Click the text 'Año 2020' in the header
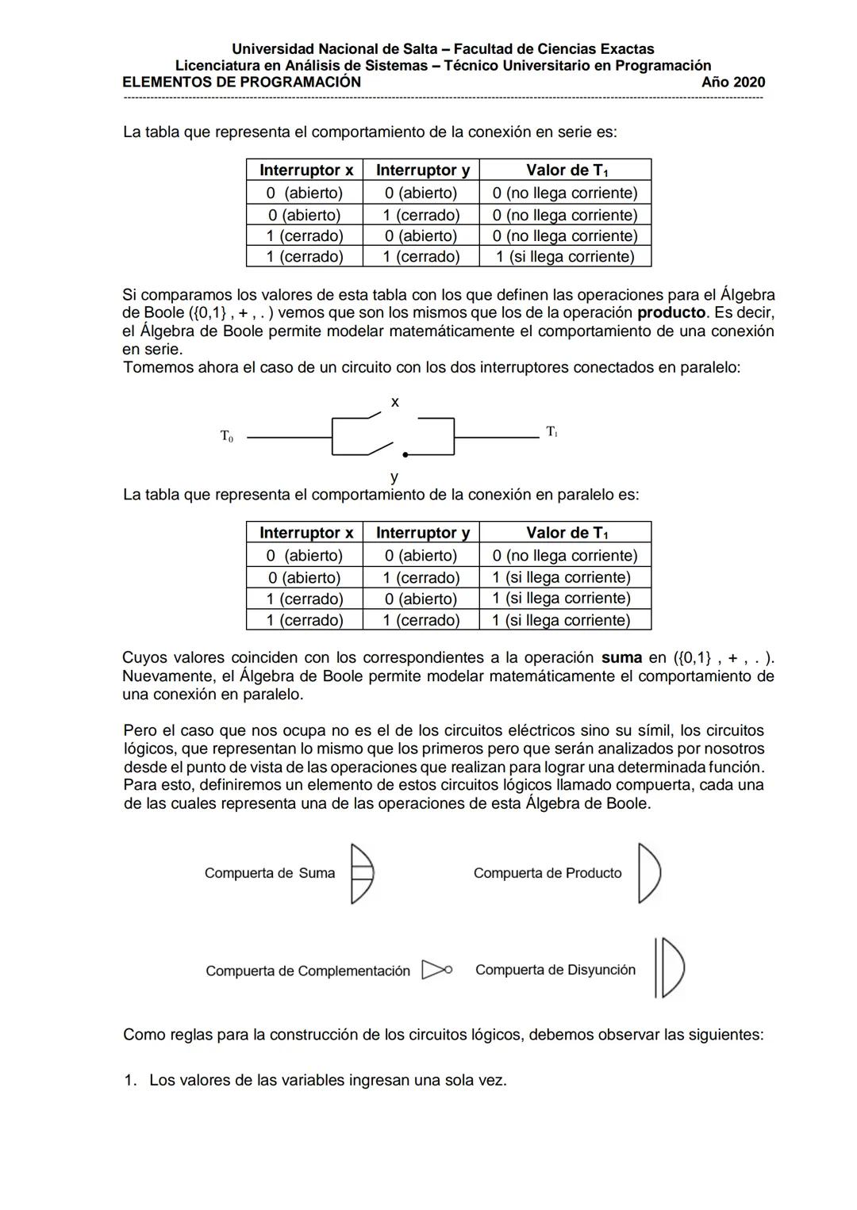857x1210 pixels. (733, 82)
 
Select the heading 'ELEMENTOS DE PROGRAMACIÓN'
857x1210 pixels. (241, 82)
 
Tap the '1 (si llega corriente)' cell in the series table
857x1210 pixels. (565, 257)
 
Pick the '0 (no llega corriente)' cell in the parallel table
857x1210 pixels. (565, 556)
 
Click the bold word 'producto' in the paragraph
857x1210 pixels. (671, 312)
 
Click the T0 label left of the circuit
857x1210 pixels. (227, 436)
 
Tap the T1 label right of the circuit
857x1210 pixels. (551, 432)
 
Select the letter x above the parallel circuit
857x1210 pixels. (395, 402)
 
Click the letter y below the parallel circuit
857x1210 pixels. (394, 477)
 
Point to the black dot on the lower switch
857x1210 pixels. (405, 455)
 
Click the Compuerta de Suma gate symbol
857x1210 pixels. (362, 873)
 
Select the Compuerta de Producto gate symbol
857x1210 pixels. (648, 873)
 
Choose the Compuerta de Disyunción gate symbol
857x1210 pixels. (669, 967)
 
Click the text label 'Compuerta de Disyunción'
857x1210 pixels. (555, 970)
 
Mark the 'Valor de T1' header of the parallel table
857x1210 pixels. (567, 533)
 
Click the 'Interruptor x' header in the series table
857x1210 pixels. (306, 170)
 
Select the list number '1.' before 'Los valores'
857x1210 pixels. (130, 1081)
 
